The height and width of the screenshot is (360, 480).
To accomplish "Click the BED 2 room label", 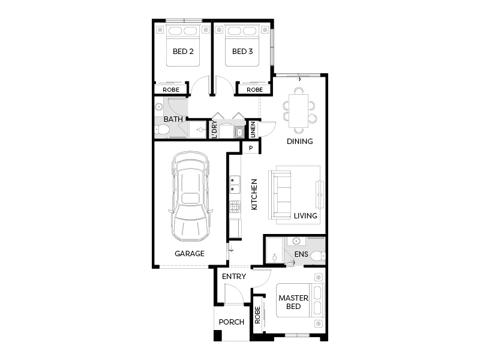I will tap(183, 52).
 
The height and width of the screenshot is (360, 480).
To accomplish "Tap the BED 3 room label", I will tap(242, 52).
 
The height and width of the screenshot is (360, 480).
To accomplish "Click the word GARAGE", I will tap(190, 254).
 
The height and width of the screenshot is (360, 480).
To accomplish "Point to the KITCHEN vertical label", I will tap(254, 194).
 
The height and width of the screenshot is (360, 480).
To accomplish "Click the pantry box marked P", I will tap(251, 148).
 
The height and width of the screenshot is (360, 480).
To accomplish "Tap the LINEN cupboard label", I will tap(252, 129).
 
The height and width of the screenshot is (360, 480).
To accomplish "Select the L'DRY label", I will tap(214, 128).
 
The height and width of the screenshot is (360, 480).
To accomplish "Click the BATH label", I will tap(173, 119).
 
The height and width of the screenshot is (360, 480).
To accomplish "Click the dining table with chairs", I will tap(298, 109).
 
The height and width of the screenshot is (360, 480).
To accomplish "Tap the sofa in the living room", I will tap(281, 193).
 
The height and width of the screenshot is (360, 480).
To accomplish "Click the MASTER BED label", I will tap(293, 302).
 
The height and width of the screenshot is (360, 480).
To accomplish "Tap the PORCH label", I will tap(231, 322).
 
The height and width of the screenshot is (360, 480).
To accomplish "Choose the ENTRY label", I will tap(234, 277).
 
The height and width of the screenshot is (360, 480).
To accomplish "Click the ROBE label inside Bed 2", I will tap(171, 90).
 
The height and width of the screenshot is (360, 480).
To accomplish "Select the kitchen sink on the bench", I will tap(235, 184).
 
